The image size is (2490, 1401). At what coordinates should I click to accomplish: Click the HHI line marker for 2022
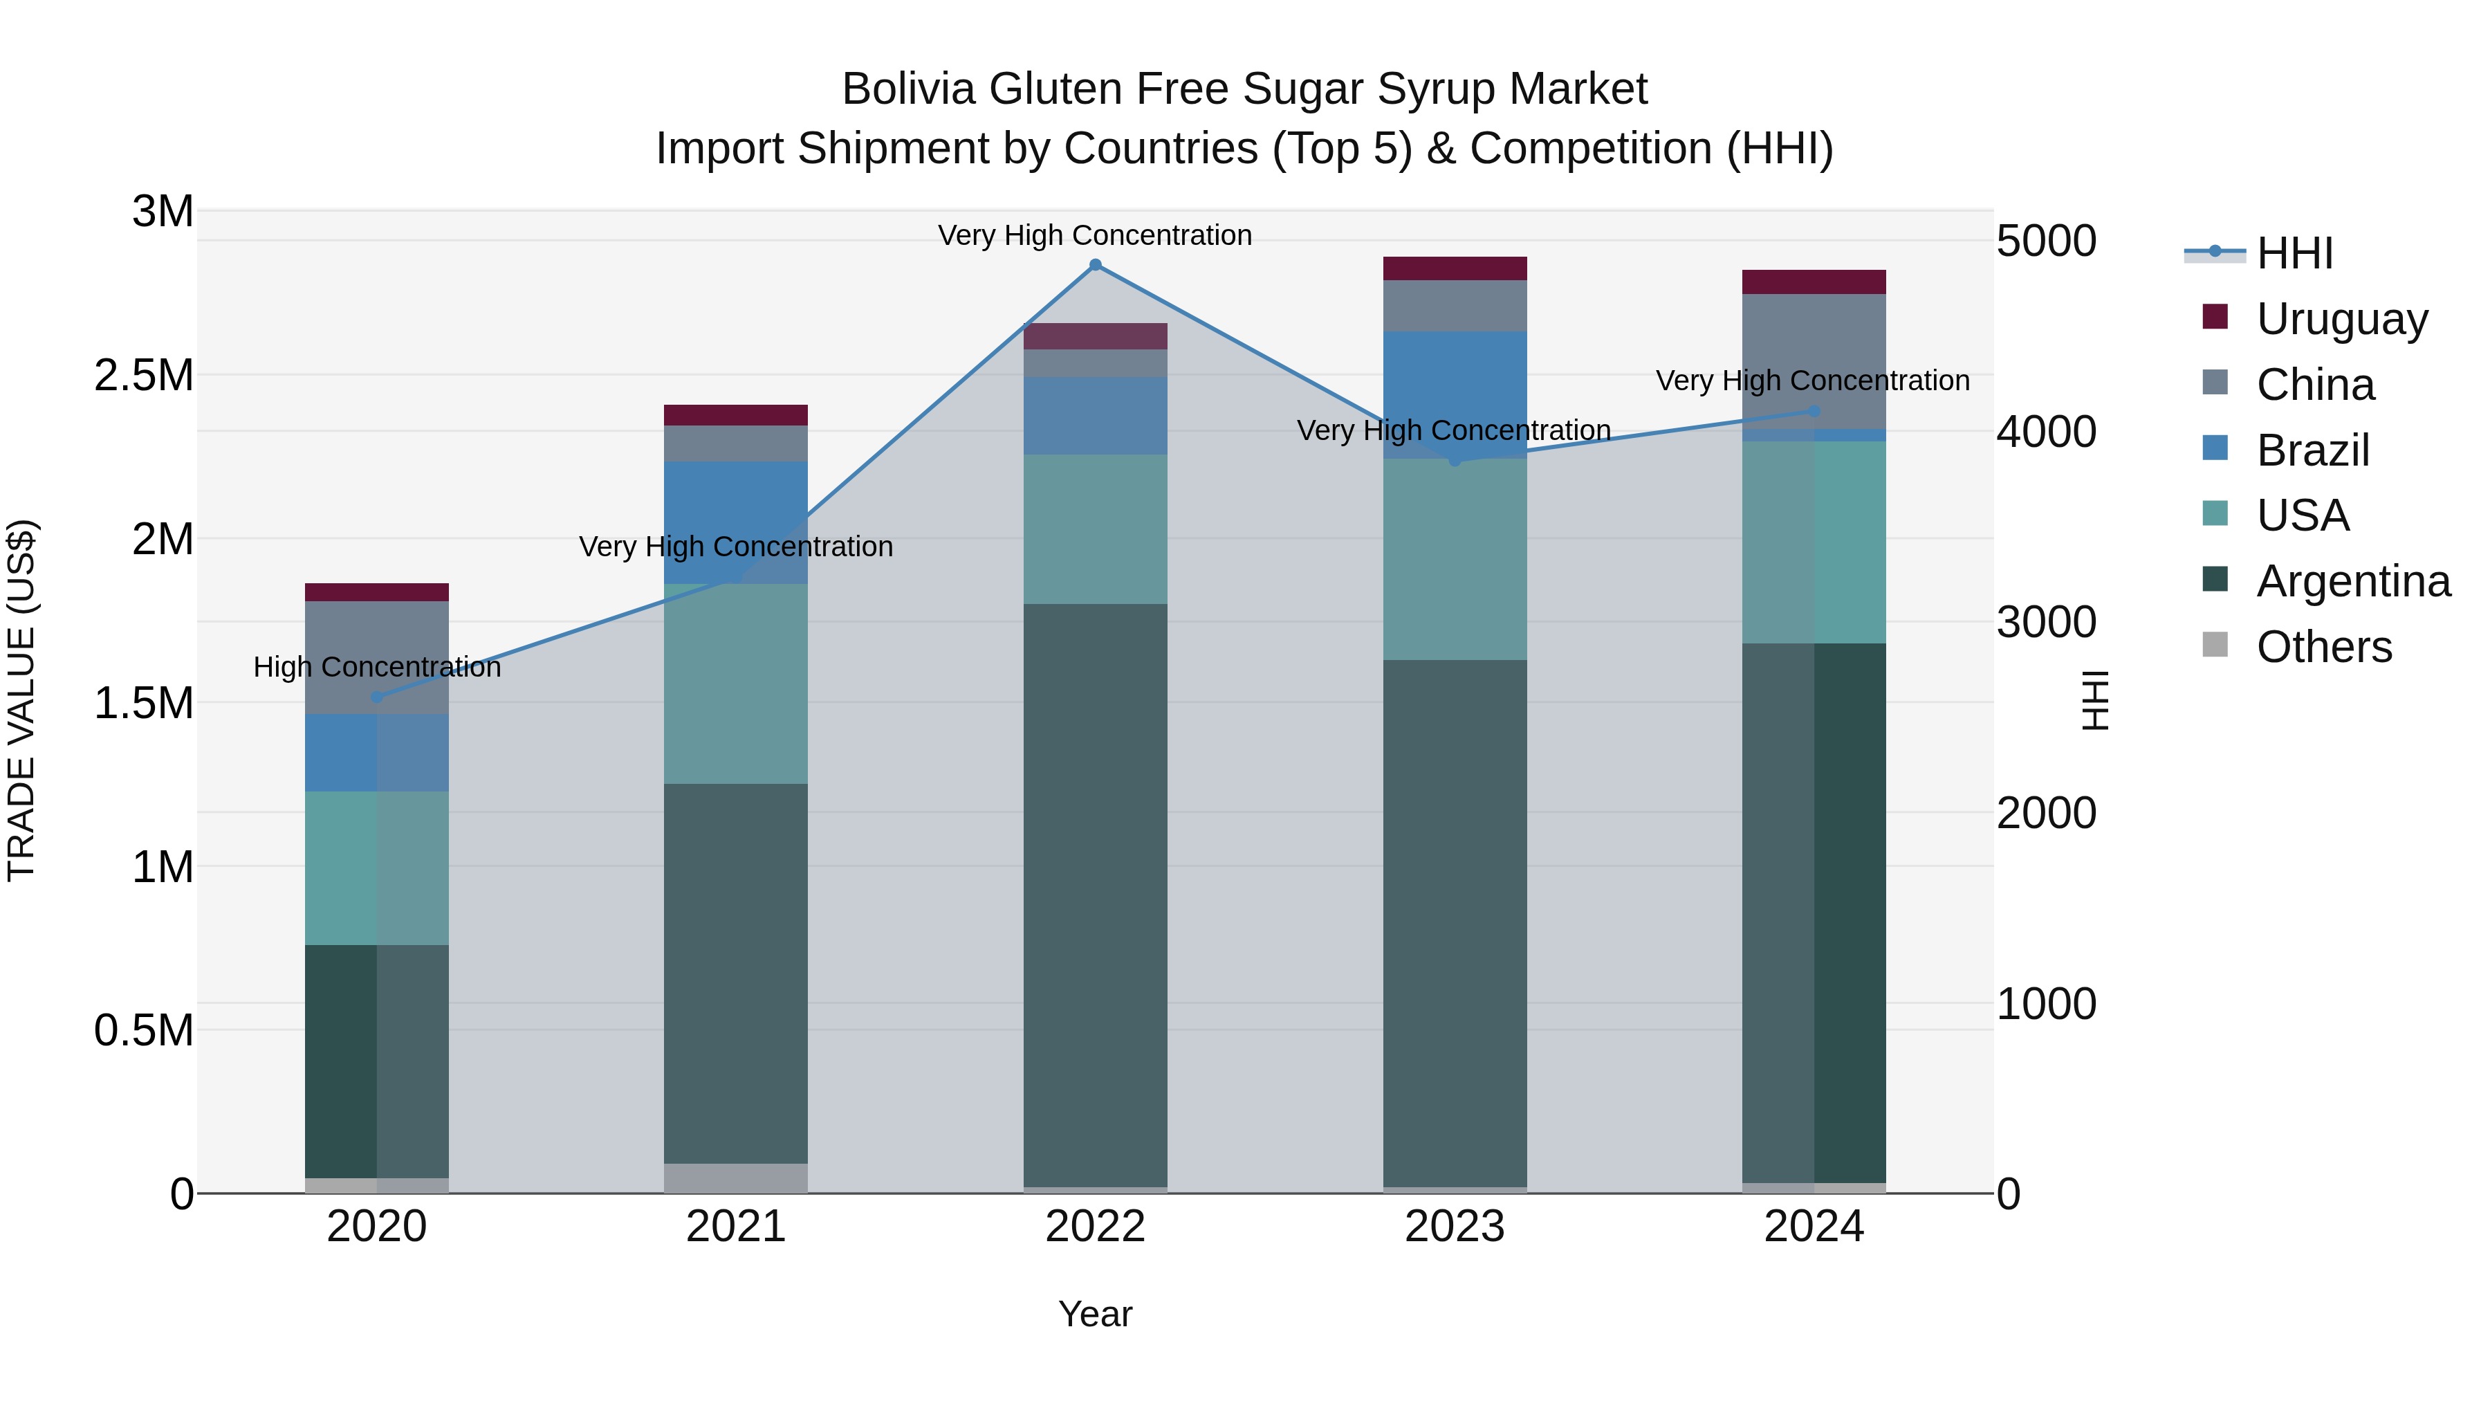1095,265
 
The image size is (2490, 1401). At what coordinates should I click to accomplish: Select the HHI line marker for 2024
1814,411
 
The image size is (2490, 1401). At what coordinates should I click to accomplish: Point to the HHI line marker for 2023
1455,460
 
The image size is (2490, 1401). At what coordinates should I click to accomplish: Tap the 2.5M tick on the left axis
144,375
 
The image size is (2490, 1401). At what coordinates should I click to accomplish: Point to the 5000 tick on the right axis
2047,241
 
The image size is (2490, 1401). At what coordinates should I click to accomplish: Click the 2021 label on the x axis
736,1227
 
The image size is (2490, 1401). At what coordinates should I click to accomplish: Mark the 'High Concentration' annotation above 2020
377,667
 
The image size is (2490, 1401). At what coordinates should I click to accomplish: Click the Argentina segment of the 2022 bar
1095,895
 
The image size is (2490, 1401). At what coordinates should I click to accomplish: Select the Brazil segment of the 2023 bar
1455,377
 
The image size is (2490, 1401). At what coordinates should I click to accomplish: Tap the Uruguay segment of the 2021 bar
736,415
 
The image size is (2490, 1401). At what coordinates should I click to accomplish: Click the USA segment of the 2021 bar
736,684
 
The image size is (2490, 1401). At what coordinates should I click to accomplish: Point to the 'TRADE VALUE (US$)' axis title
21,700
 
